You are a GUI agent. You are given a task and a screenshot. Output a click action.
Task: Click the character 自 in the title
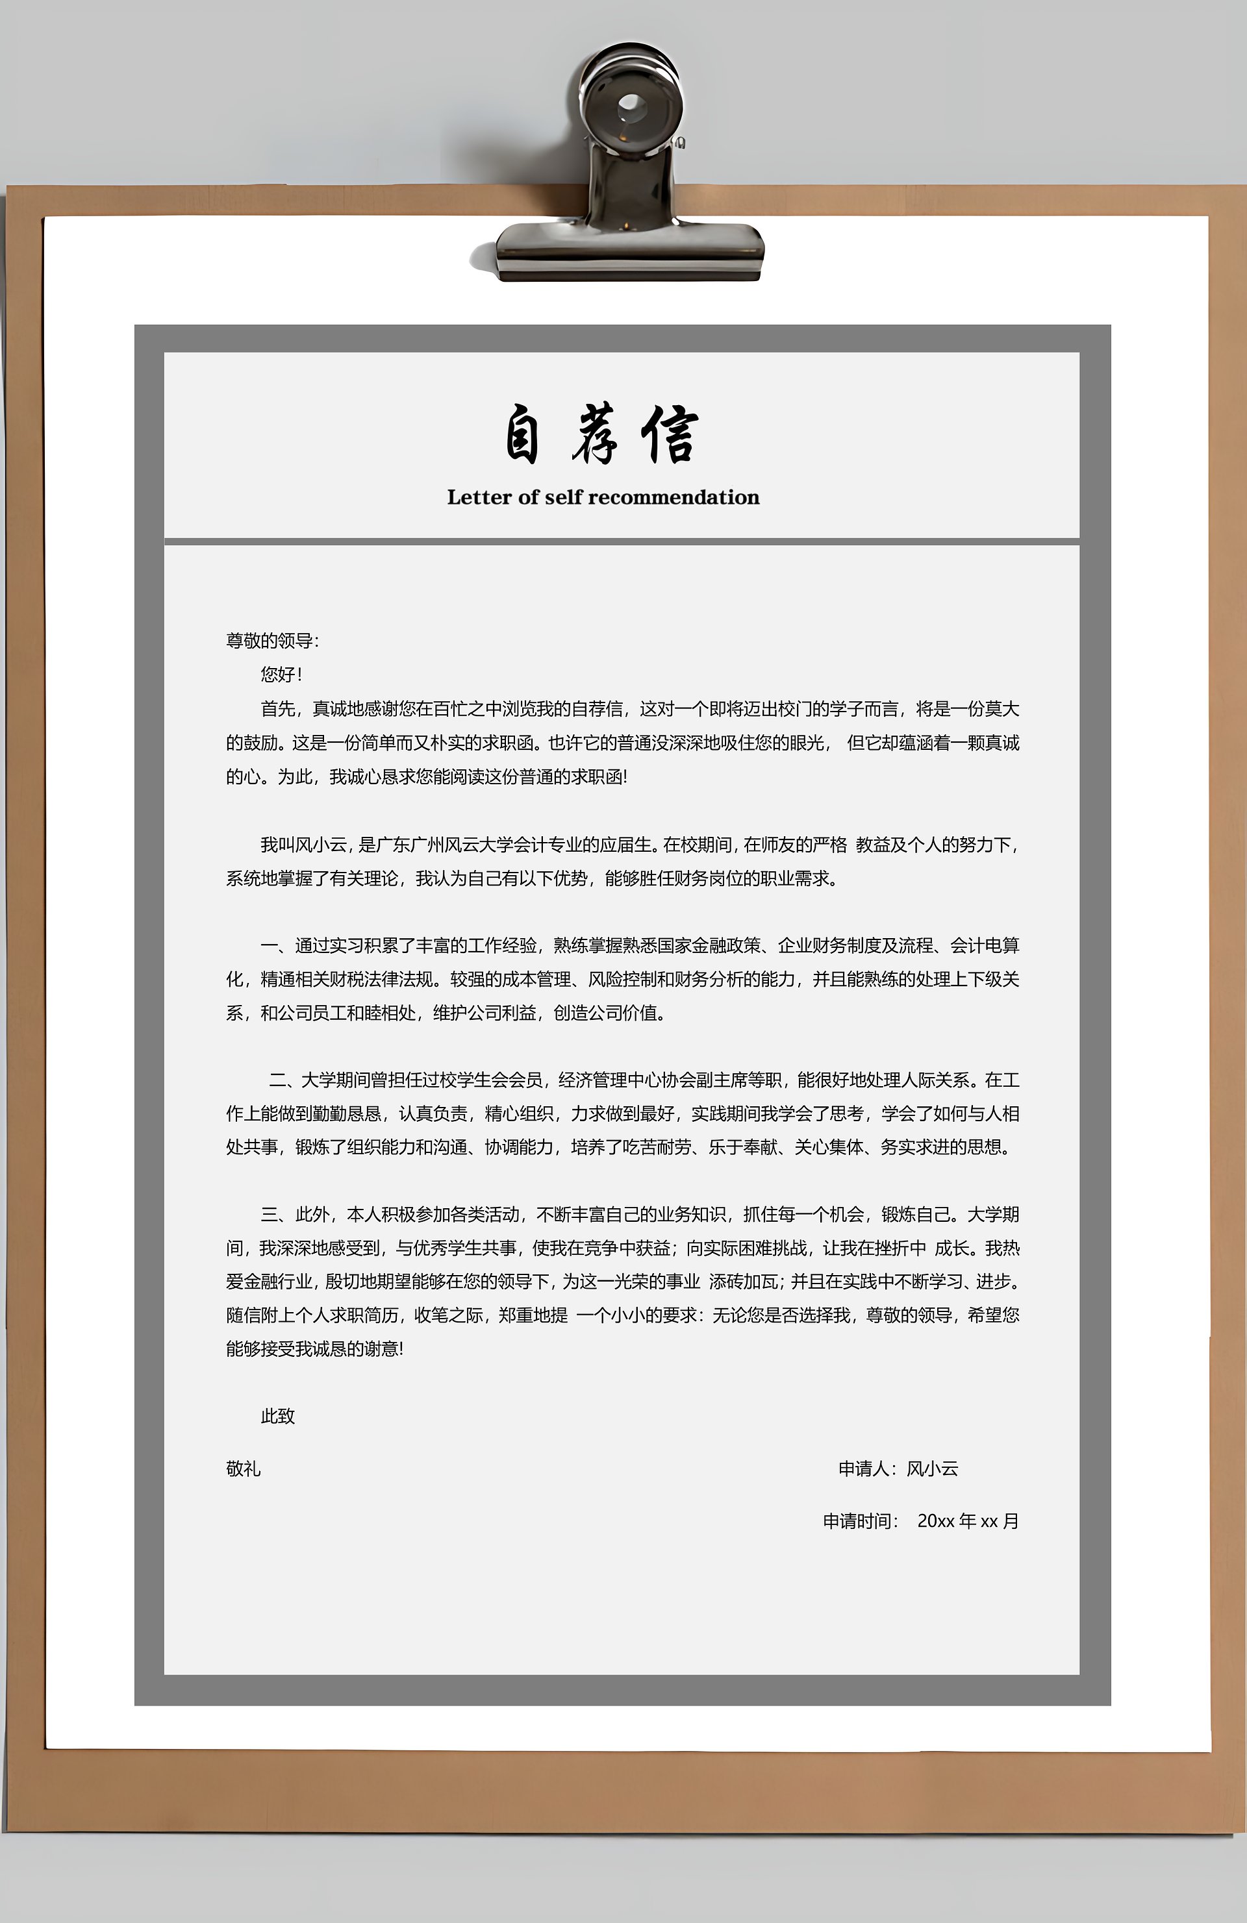pos(522,436)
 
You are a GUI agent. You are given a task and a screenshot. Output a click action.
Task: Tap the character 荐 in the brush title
pos(596,436)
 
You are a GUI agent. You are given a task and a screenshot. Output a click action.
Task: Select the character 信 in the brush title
pos(670,436)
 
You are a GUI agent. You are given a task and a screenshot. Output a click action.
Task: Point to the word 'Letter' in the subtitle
pos(476,498)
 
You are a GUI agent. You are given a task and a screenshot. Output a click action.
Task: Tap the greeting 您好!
pos(281,675)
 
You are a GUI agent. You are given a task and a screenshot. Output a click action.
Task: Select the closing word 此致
pos(277,1415)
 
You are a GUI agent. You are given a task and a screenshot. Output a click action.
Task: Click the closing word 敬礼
pos(244,1468)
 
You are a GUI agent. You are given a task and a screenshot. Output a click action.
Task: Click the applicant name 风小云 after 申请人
pos(932,1468)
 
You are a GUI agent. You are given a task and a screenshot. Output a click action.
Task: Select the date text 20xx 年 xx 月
pos(967,1520)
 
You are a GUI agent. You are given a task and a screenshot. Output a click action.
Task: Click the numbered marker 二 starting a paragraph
pos(278,1080)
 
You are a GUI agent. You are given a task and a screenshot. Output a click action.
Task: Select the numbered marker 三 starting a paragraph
pos(270,1215)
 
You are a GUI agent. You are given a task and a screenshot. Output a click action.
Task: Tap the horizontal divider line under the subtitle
pos(622,541)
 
